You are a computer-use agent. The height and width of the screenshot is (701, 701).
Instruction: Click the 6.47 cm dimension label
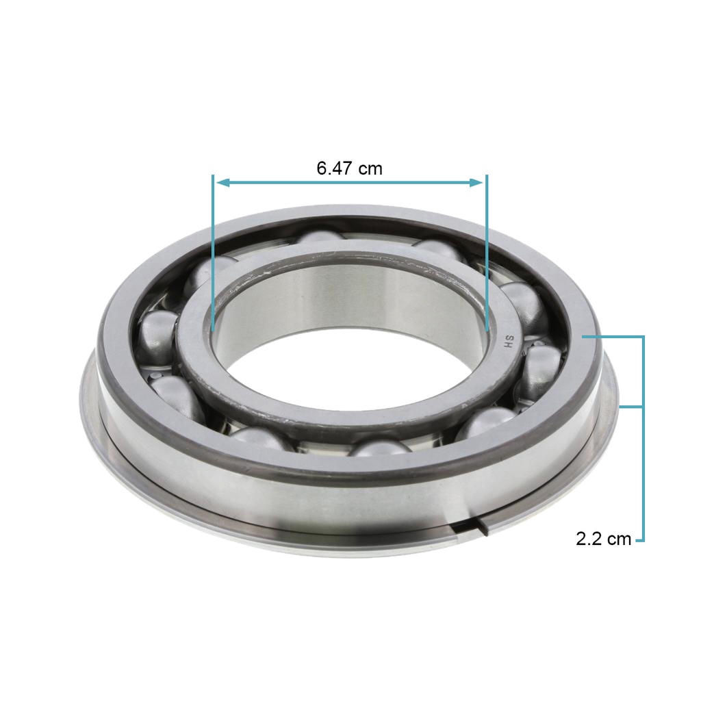pyautogui.click(x=350, y=168)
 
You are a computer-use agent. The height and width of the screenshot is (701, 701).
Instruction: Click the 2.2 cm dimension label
pyautogui.click(x=603, y=539)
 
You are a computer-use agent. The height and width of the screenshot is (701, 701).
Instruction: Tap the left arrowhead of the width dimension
pyautogui.click(x=222, y=182)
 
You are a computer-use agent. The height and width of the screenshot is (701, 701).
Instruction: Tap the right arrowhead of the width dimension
pyautogui.click(x=476, y=182)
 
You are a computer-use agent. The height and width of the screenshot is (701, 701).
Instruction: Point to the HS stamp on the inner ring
pyautogui.click(x=509, y=342)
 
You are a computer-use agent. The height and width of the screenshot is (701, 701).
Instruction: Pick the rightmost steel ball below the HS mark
pyautogui.click(x=540, y=372)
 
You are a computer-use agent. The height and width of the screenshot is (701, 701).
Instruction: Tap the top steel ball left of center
pyautogui.click(x=321, y=237)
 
